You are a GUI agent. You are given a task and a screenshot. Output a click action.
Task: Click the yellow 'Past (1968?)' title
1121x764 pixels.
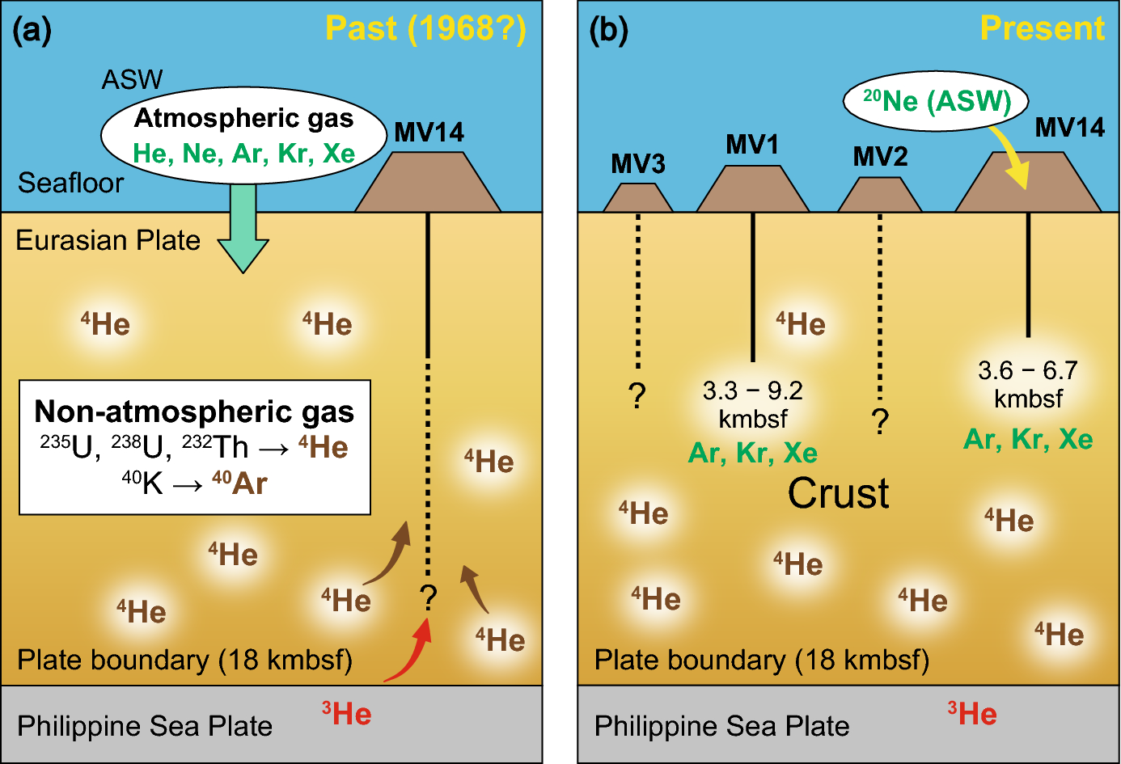[x=425, y=29]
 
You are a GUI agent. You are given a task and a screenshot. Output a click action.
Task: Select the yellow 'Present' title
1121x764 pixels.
[x=1042, y=29]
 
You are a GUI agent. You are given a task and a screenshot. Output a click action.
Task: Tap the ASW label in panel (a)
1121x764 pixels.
[x=132, y=79]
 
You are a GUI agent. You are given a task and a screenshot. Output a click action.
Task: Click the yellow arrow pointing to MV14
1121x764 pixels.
[x=1011, y=159]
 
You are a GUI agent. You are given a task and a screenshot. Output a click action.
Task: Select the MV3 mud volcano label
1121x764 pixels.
[x=637, y=164]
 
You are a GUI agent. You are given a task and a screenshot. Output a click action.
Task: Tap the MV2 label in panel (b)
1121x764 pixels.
[x=880, y=156]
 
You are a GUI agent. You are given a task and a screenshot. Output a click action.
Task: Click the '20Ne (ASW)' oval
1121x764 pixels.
[x=937, y=101]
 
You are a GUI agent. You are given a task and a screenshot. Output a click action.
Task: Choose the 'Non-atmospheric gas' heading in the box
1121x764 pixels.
[x=194, y=412]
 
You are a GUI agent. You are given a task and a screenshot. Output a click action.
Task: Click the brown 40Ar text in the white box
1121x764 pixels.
[x=239, y=483]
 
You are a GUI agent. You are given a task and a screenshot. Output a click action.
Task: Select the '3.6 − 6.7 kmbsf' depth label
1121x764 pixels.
[x=1028, y=384]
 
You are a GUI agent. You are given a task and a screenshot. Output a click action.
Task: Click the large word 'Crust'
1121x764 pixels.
[x=839, y=493]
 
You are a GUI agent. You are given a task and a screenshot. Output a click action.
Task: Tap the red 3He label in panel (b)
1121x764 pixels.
[x=971, y=714]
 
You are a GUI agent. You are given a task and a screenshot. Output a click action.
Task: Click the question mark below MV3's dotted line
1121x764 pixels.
[x=637, y=396]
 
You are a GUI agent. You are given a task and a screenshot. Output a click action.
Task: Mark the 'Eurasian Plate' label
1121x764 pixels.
[x=108, y=240]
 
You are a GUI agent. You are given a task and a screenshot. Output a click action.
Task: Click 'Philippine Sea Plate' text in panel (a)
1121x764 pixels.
[x=145, y=726]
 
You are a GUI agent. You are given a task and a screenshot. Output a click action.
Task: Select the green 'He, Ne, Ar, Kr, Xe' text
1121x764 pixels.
[x=243, y=154]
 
